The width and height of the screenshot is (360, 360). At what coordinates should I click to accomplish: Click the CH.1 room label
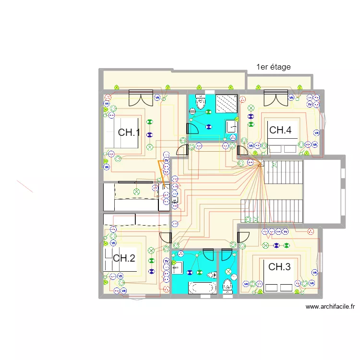point(129,132)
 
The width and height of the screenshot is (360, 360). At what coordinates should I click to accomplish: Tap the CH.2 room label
point(124,258)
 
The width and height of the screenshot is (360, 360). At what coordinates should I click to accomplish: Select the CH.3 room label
point(279,267)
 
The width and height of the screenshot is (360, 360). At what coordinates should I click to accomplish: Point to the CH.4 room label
point(280,130)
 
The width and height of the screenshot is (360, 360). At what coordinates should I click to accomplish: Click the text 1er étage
point(274,67)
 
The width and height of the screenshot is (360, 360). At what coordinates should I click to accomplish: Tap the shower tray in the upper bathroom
point(226,103)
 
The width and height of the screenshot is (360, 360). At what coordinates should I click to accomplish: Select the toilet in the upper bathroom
point(201,102)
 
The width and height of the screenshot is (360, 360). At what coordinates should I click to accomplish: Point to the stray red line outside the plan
point(25,186)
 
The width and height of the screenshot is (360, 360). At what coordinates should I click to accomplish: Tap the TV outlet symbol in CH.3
point(286,232)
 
